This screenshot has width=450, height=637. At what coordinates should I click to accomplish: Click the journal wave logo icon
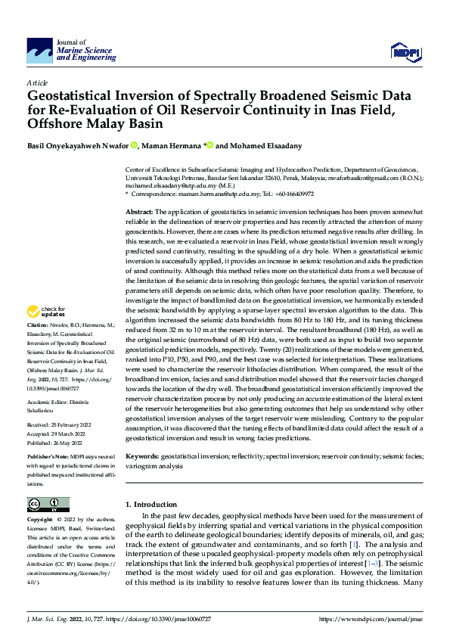coord(39,51)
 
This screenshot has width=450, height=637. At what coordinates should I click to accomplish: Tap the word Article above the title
coord(37,82)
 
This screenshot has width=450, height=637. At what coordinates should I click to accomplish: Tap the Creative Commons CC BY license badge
coord(48,504)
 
